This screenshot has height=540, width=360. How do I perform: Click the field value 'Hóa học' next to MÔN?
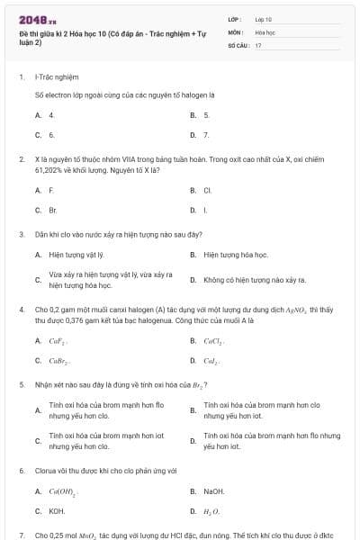pyautogui.click(x=265, y=31)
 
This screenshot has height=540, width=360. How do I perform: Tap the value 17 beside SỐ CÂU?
pyautogui.click(x=258, y=44)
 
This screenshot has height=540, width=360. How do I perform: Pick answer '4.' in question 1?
pyautogui.click(x=51, y=115)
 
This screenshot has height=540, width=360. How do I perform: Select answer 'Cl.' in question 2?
pyautogui.click(x=207, y=191)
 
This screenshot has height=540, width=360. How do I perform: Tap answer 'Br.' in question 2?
pyautogui.click(x=52, y=210)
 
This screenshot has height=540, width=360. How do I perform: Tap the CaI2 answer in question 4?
pyautogui.click(x=212, y=361)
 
